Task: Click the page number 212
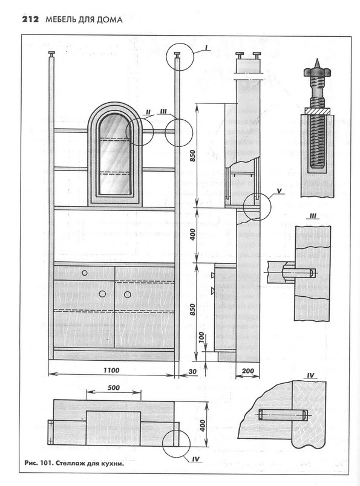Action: (x=30, y=19)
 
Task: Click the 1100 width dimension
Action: (x=111, y=370)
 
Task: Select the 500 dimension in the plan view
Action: (x=114, y=387)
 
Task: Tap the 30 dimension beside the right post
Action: (x=193, y=371)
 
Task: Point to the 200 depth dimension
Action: (x=247, y=371)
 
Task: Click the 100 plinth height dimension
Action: (x=201, y=338)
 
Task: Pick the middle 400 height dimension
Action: (x=193, y=235)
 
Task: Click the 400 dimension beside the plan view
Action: (x=203, y=426)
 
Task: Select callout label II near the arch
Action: (x=148, y=112)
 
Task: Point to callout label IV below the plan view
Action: (x=195, y=459)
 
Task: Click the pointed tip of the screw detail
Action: (x=317, y=59)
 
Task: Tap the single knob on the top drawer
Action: (x=85, y=273)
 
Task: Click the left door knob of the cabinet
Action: (x=102, y=294)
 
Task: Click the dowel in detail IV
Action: (x=283, y=415)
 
